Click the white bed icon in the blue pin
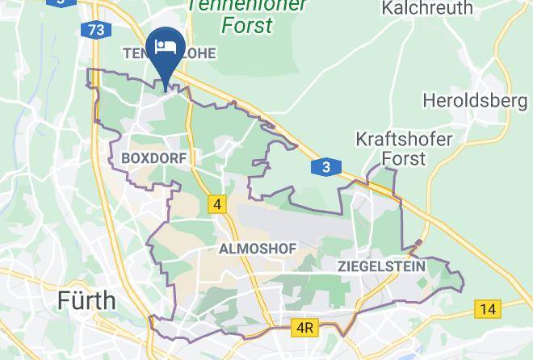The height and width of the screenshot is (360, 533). point(165,44)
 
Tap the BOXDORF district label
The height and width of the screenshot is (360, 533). point(153,158)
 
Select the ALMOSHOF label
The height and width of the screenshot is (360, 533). point(257,249)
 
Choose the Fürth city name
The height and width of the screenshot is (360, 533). point(86,301)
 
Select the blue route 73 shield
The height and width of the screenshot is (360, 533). point(96,30)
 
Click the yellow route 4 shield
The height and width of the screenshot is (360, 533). point(216,204)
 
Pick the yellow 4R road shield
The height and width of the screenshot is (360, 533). point(304,329)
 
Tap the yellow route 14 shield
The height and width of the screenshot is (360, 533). point(487,308)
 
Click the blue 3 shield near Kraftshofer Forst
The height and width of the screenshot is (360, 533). point(325,167)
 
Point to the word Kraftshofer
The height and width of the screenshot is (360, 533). point(404,139)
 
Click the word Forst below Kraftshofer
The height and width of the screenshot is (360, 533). point(404,157)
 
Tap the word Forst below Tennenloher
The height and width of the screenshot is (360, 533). point(246,25)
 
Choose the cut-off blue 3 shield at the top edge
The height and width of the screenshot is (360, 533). point(60,2)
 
